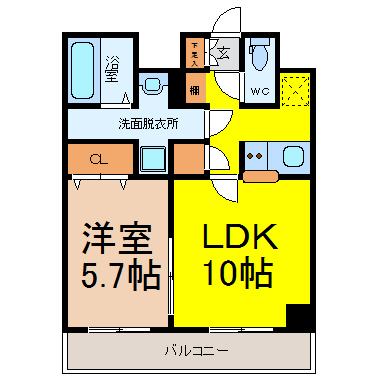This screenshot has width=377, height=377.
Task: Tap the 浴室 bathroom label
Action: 113,69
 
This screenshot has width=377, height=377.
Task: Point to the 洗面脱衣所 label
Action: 147,125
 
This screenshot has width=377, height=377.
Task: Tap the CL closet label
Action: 98,159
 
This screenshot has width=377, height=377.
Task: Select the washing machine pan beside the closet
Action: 153,158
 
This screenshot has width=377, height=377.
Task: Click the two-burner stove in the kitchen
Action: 255,155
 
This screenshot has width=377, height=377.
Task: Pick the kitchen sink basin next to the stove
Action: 294,156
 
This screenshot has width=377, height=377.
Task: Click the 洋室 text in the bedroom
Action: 116,239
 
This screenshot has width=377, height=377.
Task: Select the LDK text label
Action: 240,238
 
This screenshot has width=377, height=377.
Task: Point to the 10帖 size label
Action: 240,272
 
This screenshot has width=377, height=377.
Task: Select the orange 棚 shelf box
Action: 194,89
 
